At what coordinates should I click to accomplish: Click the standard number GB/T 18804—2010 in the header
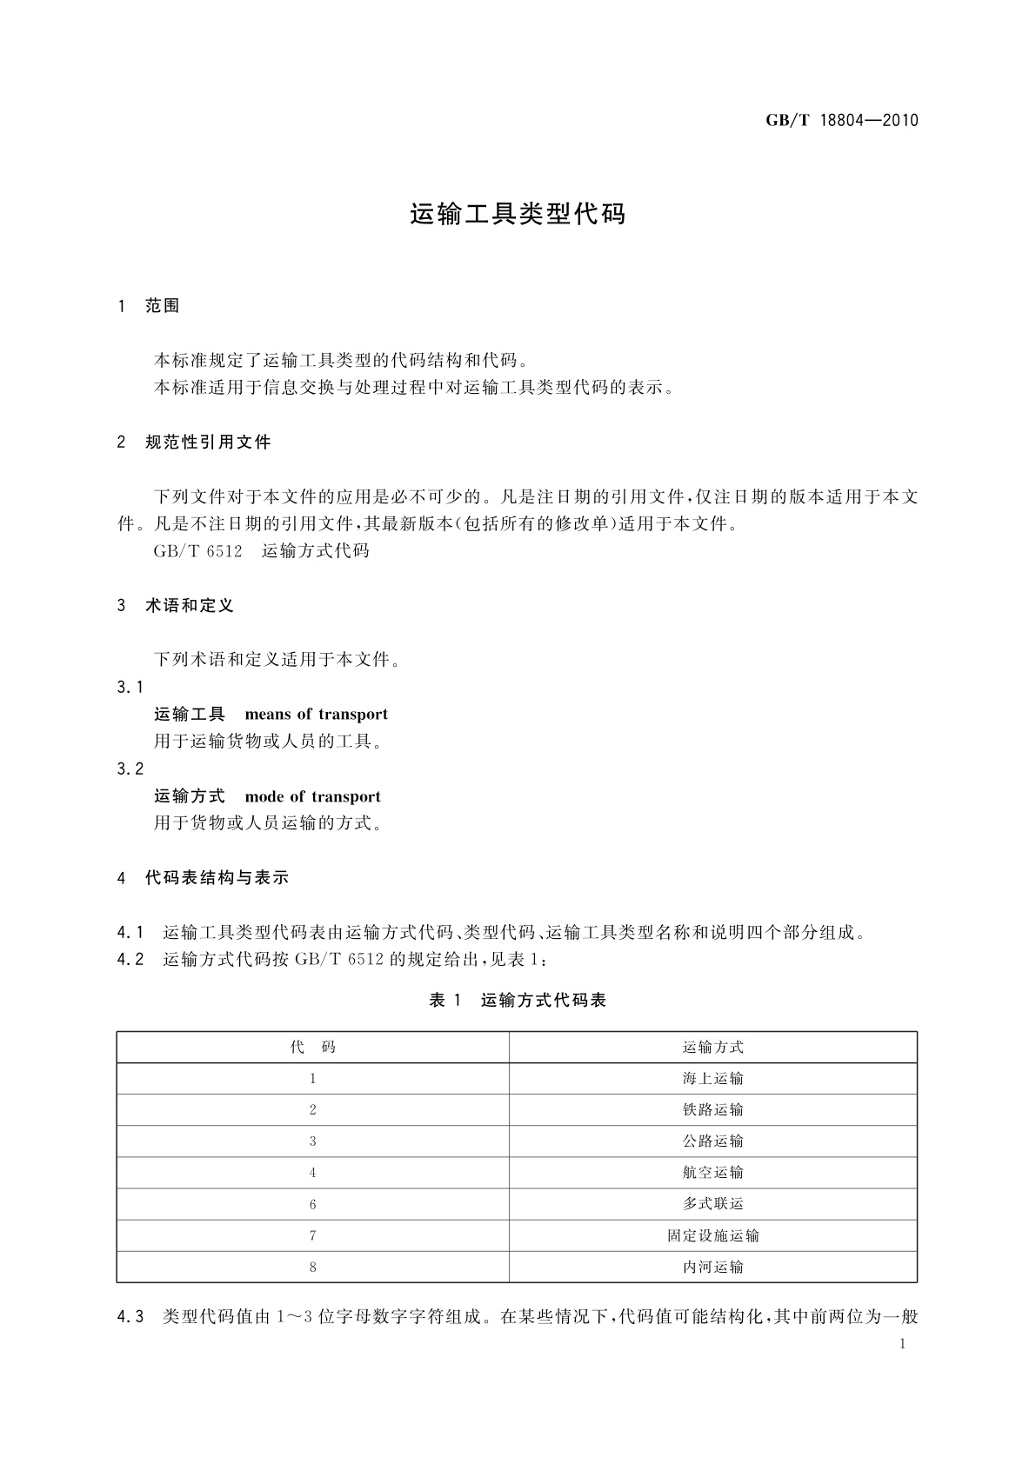pyautogui.click(x=841, y=121)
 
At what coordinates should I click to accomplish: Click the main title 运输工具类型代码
pyautogui.click(x=518, y=215)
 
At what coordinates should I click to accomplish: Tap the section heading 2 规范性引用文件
pyautogui.click(x=194, y=443)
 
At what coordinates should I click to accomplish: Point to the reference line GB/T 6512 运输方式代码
pyautogui.click(x=261, y=551)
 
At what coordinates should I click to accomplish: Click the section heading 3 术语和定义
pyautogui.click(x=176, y=606)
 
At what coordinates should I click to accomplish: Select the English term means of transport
pyautogui.click(x=316, y=715)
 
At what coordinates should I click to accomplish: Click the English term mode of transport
pyautogui.click(x=312, y=796)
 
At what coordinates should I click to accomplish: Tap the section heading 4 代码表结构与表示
pyautogui.click(x=203, y=878)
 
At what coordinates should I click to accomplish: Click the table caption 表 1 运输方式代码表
pyautogui.click(x=518, y=1001)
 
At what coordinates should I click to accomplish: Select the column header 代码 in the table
pyautogui.click(x=312, y=1048)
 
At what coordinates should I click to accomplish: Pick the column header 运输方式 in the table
pyautogui.click(x=713, y=1048)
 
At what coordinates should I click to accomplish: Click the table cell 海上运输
pyautogui.click(x=713, y=1079)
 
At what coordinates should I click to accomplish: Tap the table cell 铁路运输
pyautogui.click(x=713, y=1110)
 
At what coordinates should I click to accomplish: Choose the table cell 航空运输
pyautogui.click(x=713, y=1173)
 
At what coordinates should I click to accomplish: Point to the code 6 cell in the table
pyautogui.click(x=312, y=1205)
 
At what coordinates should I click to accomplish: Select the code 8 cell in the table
pyautogui.click(x=312, y=1268)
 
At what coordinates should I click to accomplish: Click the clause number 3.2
pyautogui.click(x=130, y=769)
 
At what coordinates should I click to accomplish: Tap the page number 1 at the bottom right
pyautogui.click(x=902, y=1344)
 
